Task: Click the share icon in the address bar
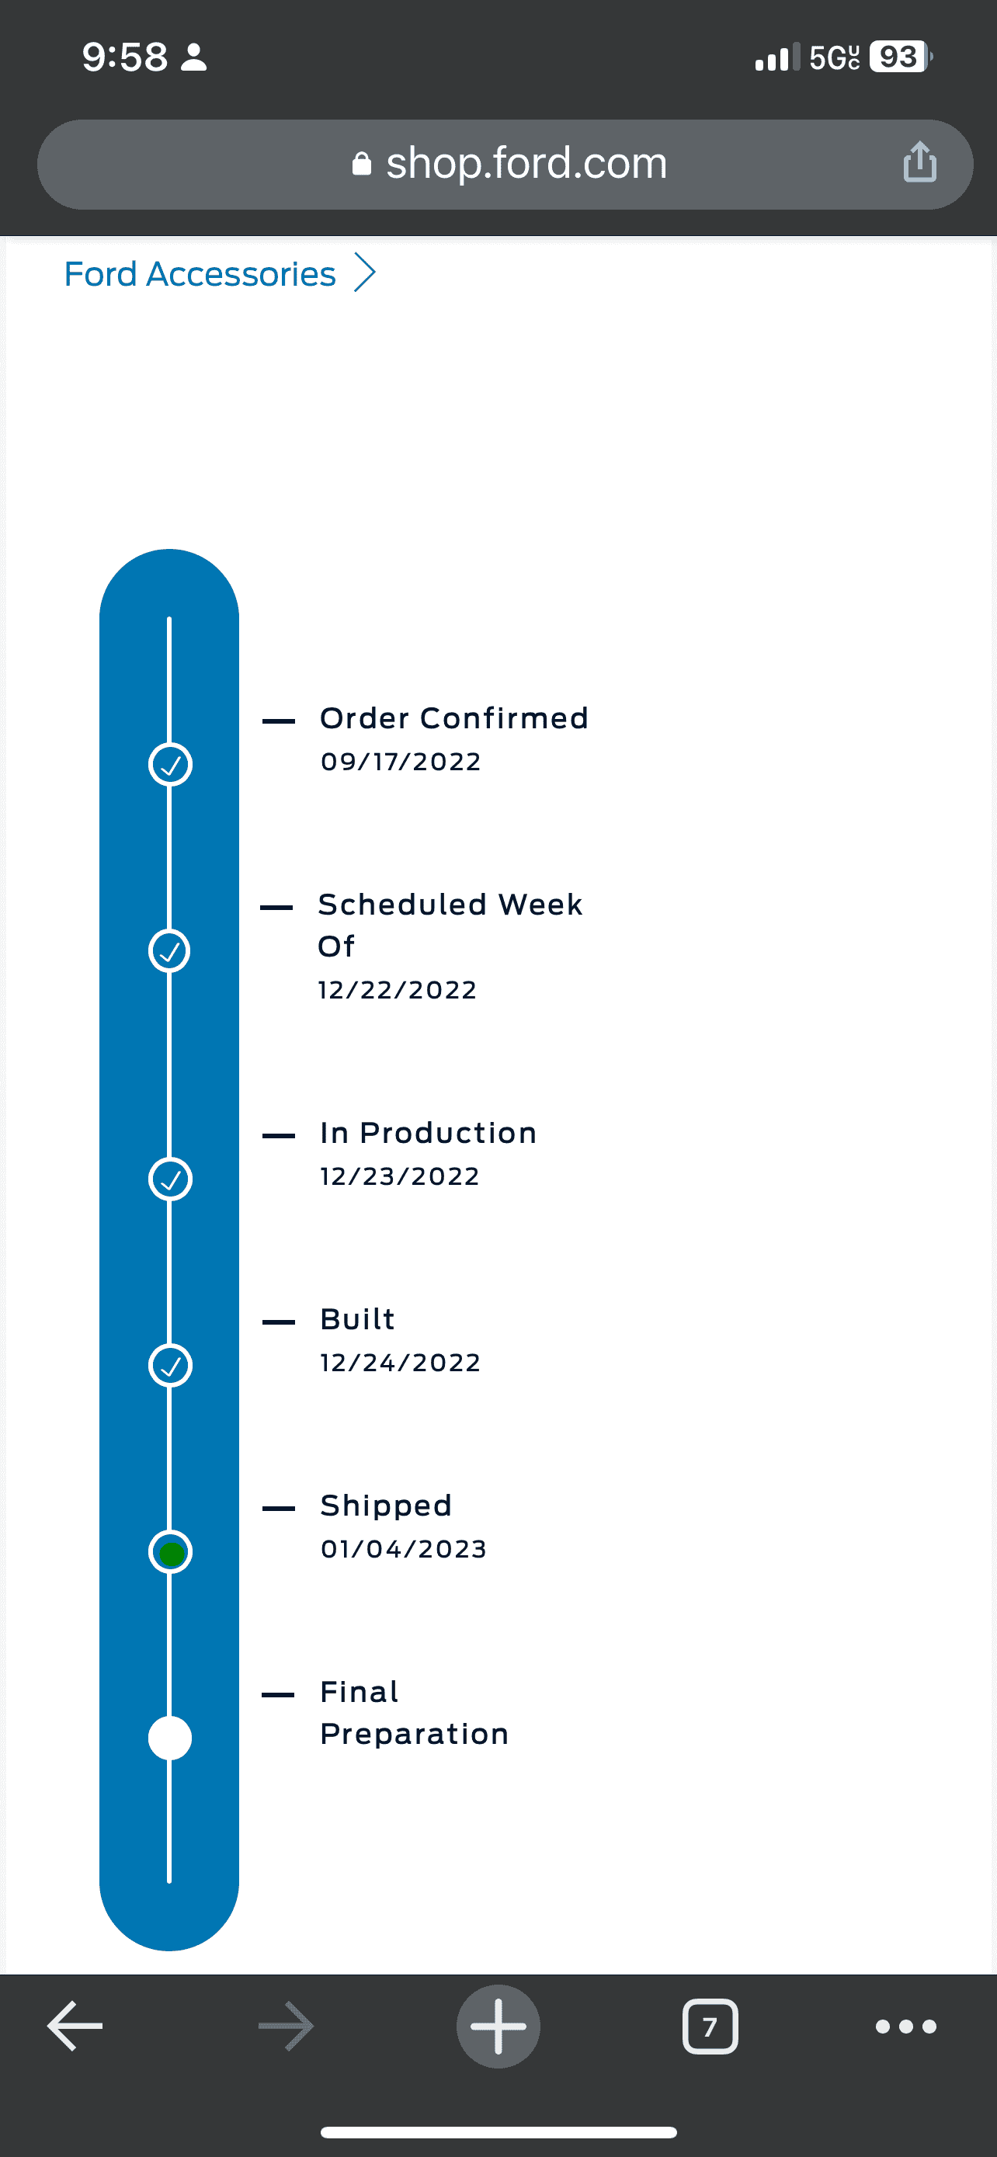click(919, 162)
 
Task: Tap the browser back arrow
click(75, 2027)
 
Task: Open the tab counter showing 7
click(710, 2027)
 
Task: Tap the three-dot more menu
click(905, 2027)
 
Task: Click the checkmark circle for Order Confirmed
click(170, 765)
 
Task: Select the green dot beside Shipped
click(170, 1553)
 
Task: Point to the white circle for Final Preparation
click(170, 1738)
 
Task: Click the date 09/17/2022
click(401, 762)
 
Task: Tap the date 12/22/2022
click(398, 991)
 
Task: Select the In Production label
click(429, 1133)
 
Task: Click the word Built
click(357, 1320)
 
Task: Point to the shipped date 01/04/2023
click(404, 1549)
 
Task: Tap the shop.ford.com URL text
click(526, 162)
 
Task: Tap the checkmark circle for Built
click(170, 1366)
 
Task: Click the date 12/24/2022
click(400, 1363)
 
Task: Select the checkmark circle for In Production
click(170, 1179)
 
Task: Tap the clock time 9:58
click(125, 57)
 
